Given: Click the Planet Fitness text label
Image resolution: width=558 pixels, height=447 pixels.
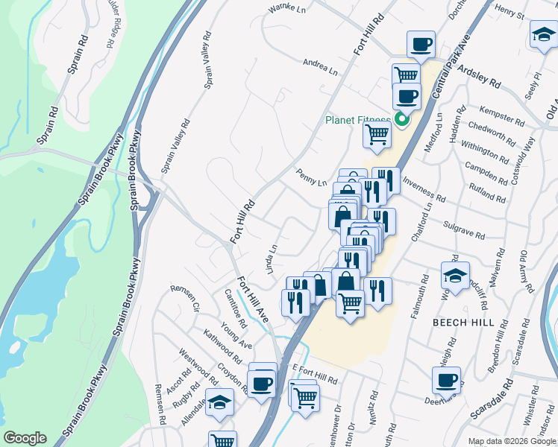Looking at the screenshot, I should [x=357, y=121].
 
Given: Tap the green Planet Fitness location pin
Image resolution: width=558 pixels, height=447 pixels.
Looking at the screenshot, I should [x=401, y=119].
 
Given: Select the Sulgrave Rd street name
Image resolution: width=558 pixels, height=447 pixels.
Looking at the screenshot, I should [x=463, y=232].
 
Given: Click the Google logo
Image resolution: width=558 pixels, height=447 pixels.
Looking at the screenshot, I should [x=25, y=438].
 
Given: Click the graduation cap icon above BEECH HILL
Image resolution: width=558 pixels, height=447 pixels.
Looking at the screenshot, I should [x=455, y=275].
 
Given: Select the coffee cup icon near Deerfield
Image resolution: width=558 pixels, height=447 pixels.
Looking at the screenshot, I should [x=446, y=380].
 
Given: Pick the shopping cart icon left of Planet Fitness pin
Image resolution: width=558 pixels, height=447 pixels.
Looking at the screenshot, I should [x=377, y=135].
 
